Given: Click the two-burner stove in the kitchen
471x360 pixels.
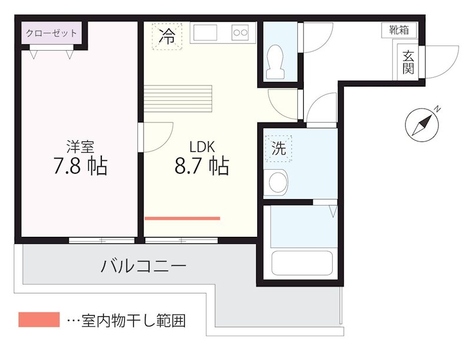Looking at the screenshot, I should pos(240,32).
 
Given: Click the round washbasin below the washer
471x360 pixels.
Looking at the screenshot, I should pos(275,182).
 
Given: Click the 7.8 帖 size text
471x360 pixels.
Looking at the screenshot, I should pos(80,167).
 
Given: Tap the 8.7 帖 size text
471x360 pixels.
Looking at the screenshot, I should pos(201,167).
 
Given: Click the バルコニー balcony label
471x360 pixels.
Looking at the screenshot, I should pos(144,267).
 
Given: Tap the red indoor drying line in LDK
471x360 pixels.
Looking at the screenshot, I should pos(182,218).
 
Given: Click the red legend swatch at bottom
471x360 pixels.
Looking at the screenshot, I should pos(39,320).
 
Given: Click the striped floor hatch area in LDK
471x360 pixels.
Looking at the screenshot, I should pos(178,98).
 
